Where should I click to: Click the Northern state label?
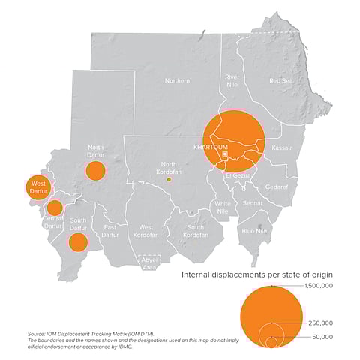coord(177,80)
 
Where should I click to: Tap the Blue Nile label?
coord(254,231)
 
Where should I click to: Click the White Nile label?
coord(223,207)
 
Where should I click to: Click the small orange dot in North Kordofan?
coord(169,180)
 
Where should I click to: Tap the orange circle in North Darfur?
coord(94,171)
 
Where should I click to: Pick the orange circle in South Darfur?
coord(78,241)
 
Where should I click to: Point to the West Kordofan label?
coord(146,231)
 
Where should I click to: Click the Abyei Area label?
coord(150,263)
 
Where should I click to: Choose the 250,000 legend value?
coord(321,322)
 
